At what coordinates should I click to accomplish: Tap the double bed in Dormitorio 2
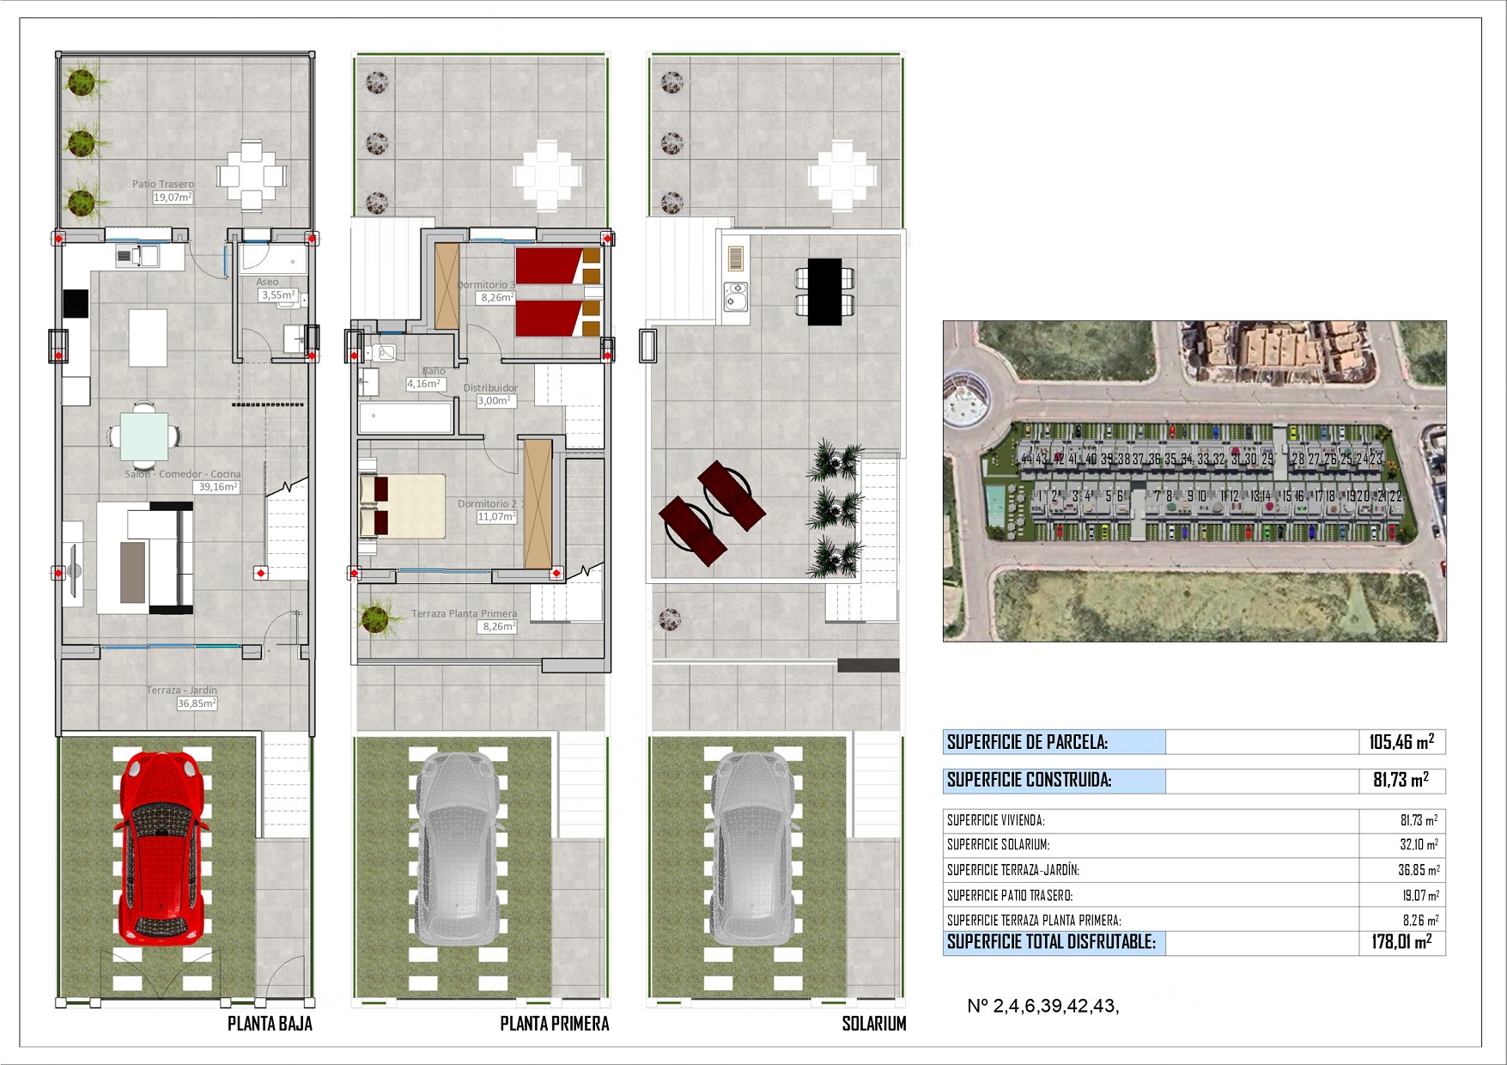click(404, 507)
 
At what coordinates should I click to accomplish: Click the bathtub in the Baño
click(405, 418)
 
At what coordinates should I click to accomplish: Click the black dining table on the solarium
click(824, 292)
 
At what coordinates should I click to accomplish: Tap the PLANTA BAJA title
click(270, 1024)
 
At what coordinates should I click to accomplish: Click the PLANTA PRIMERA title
click(555, 1024)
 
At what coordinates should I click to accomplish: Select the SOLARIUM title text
click(873, 1024)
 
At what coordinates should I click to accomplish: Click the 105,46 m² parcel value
click(1401, 742)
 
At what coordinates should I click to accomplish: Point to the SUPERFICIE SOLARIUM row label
click(998, 845)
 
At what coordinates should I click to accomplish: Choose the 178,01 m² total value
click(1401, 942)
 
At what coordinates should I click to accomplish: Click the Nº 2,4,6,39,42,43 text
click(1042, 1007)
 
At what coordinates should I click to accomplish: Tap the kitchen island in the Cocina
click(148, 338)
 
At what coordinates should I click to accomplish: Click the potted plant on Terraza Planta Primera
click(374, 618)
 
